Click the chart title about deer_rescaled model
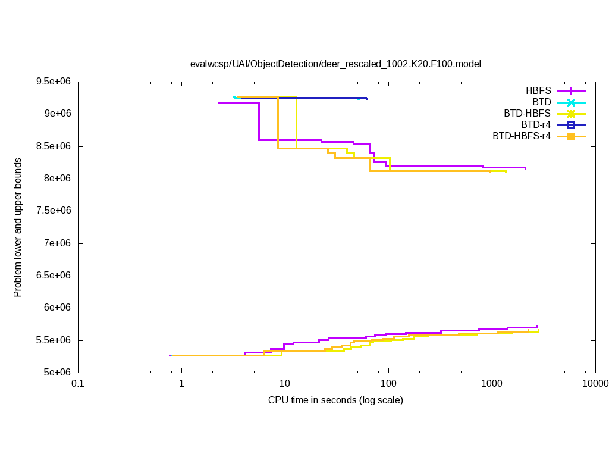(335, 64)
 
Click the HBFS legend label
(538, 91)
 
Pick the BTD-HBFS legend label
(527, 114)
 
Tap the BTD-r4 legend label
(535, 125)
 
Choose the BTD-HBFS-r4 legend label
(522, 136)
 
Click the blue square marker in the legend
(571, 125)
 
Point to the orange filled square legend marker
(571, 136)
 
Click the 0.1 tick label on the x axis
(77, 384)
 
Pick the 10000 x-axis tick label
(595, 384)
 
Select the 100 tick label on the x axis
(388, 384)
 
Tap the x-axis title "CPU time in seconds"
(335, 400)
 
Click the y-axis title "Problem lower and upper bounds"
(18, 227)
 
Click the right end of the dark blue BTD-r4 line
(366, 98)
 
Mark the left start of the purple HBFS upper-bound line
(219, 103)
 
